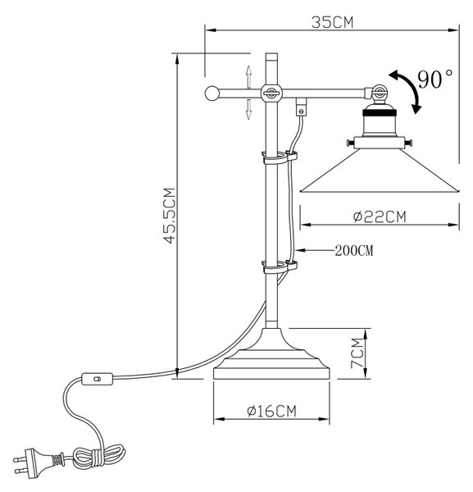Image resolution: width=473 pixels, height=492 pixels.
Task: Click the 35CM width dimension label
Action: click(x=333, y=22)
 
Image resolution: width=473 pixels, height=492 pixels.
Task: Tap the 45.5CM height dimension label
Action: click(x=170, y=216)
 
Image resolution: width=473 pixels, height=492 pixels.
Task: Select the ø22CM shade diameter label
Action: click(x=380, y=216)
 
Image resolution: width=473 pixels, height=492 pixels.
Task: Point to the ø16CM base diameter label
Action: click(x=271, y=411)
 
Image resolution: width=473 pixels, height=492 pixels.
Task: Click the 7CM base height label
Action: click(x=357, y=353)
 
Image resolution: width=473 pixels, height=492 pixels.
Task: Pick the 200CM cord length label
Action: click(x=354, y=250)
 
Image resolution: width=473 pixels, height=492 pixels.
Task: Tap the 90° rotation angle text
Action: click(x=435, y=80)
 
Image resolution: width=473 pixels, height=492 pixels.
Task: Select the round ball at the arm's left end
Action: click(x=212, y=93)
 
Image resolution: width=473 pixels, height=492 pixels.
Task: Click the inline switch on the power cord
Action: click(x=97, y=379)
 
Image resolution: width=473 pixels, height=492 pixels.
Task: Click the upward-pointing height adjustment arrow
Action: click(x=248, y=76)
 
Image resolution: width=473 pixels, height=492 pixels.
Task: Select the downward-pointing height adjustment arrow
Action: click(x=248, y=110)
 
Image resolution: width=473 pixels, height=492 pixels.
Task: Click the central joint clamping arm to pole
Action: click(x=271, y=93)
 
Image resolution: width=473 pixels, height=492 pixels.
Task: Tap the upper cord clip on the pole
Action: click(x=280, y=157)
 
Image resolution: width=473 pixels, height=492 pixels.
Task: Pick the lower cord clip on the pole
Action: click(x=280, y=266)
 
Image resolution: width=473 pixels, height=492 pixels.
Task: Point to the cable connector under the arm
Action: click(x=302, y=107)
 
